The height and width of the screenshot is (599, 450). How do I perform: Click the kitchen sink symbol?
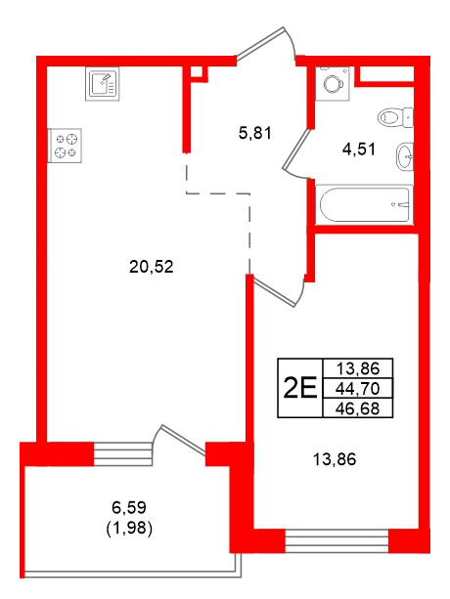click(101, 83)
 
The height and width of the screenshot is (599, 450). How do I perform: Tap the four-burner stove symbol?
click(65, 145)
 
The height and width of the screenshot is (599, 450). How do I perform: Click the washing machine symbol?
click(335, 82)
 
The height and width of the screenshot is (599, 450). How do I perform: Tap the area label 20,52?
click(151, 265)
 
